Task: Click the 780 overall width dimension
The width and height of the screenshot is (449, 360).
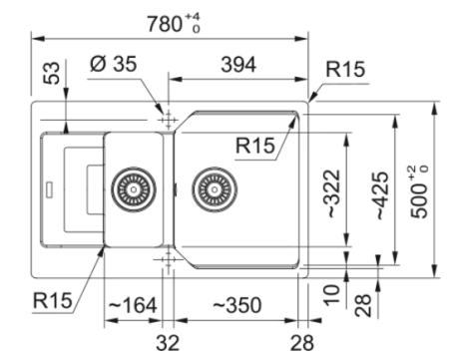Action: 165,24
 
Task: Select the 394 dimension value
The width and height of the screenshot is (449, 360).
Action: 238,65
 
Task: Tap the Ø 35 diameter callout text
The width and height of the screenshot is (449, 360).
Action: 114,63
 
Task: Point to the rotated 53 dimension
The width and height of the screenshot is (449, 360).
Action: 52,73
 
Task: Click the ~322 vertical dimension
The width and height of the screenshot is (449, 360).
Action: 333,193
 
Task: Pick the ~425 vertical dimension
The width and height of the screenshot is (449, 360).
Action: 382,195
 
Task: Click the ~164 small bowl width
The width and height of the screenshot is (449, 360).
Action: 133,305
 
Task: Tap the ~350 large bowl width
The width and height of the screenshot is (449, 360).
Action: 236,305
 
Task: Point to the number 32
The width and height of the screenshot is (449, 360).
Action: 168,343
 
